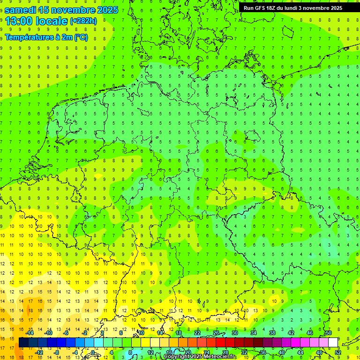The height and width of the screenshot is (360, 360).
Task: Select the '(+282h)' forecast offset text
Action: pyautogui.click(x=83, y=21)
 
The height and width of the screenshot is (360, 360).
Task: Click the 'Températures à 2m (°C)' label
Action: pyautogui.click(x=46, y=37)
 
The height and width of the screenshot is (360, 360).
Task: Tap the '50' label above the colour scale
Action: pyautogui.click(x=329, y=333)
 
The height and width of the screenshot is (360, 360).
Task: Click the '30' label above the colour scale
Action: pyautogui.click(x=235, y=333)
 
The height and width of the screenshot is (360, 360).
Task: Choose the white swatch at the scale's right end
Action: pyautogui.click(x=333, y=343)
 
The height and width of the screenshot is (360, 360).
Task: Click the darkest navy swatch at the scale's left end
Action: pyautogui.click(x=24, y=343)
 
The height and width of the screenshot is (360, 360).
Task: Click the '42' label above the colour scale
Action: pyautogui.click(x=291, y=333)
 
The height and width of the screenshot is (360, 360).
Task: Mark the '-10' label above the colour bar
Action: pyautogui.click(x=48, y=333)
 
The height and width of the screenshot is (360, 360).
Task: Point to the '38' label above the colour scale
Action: pyautogui.click(x=272, y=333)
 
